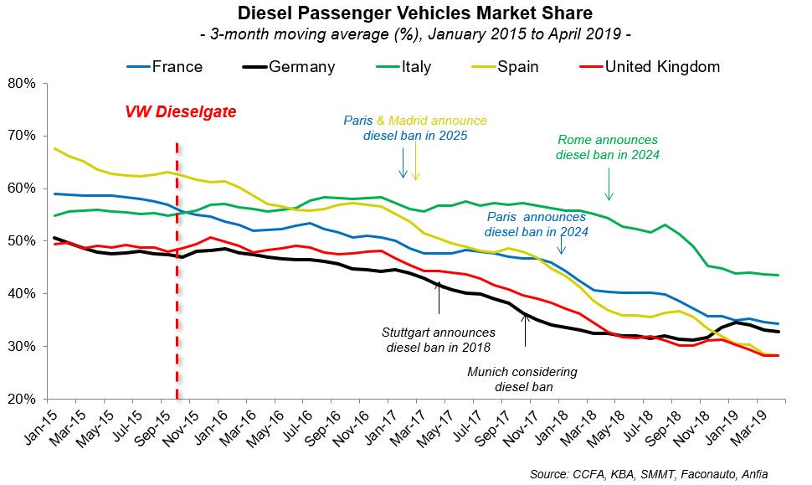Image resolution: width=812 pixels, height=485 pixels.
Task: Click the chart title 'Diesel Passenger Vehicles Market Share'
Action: click(406, 13)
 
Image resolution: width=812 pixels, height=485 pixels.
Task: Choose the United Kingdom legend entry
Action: click(662, 67)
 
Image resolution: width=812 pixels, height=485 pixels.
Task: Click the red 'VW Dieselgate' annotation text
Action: click(181, 111)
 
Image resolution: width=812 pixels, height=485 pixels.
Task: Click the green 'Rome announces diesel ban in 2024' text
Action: click(608, 147)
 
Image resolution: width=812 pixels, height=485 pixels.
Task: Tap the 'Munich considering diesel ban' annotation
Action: click(523, 379)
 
